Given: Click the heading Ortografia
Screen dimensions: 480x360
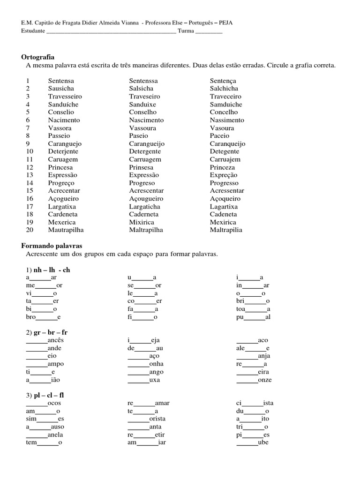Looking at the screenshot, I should [x=38, y=57].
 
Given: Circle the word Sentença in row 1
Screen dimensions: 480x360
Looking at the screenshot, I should [x=223, y=81].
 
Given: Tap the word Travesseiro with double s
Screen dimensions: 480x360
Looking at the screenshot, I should [x=67, y=97].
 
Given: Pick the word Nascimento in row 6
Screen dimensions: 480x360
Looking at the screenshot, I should [x=147, y=120].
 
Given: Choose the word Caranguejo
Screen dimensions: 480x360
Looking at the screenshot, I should [x=65, y=144].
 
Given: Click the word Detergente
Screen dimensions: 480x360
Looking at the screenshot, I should [x=145, y=151].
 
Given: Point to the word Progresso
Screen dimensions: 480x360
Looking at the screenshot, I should [x=224, y=183].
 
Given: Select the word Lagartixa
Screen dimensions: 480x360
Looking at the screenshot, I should [x=224, y=207].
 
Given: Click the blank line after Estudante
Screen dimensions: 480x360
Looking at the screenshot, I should [x=112, y=32].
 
